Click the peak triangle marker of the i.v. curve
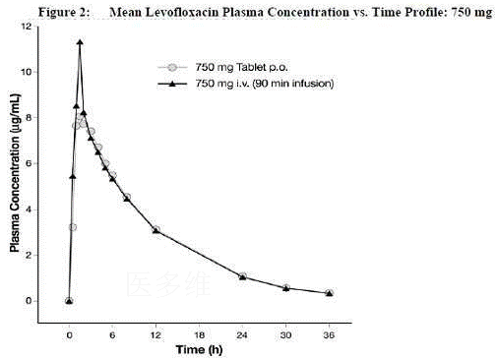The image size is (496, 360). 80,42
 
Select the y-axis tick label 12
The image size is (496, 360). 27,27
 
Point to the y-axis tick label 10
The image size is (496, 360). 27,72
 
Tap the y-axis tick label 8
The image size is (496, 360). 29,117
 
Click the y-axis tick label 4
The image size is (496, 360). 29,210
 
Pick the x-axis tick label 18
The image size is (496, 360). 199,335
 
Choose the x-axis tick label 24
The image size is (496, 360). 242,335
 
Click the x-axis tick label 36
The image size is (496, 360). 329,335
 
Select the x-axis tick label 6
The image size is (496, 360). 112,335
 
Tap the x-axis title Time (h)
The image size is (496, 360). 199,350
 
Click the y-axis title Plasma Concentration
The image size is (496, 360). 15,173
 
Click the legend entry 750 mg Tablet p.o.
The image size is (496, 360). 241,68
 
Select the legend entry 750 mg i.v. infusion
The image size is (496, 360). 265,84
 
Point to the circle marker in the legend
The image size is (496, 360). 172,68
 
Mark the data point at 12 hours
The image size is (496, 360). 156,230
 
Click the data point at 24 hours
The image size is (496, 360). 242,276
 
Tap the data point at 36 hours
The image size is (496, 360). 330,293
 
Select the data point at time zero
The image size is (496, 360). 69,301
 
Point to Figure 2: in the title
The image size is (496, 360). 64,12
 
